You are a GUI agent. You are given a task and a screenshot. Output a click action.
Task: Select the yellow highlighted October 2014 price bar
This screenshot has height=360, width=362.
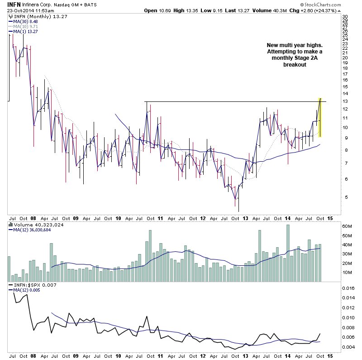click(320, 118)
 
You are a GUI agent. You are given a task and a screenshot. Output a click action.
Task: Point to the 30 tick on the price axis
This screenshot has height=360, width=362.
click(345, 16)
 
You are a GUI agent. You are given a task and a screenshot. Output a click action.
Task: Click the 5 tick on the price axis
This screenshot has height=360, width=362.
click(344, 197)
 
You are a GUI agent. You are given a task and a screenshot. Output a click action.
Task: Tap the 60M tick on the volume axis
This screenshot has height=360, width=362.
click(347, 226)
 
